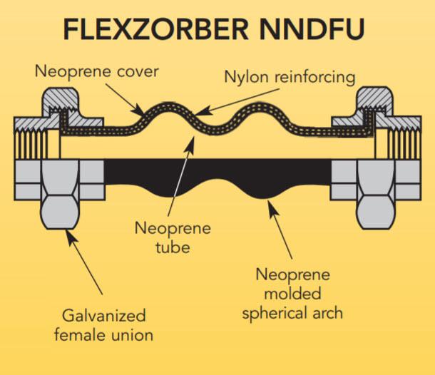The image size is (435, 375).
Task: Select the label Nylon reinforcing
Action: pos(289,77)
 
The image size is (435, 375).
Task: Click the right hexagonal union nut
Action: pos(374,193)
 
